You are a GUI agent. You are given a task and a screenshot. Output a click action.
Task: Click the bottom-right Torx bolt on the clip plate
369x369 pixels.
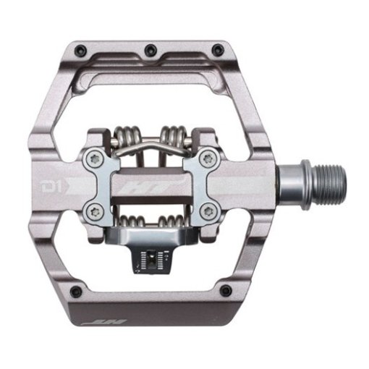tap(209, 211)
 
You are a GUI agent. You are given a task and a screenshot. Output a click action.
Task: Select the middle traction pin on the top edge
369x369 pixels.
tap(150, 49)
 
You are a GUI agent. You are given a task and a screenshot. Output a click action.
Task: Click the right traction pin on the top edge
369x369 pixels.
tap(216, 49)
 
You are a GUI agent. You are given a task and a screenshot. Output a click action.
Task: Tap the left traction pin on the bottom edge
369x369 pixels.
tap(75, 291)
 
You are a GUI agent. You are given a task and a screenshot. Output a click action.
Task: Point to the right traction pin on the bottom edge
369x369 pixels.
tap(226, 290)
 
